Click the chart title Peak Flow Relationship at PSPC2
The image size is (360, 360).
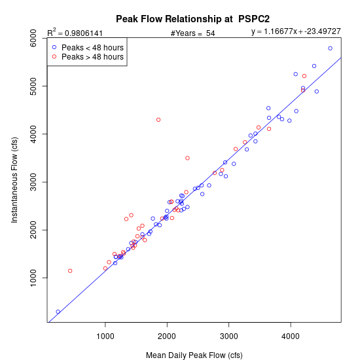pyautogui.click(x=192, y=19)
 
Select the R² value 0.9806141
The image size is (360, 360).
pyautogui.click(x=84, y=33)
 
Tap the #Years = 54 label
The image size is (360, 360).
pyautogui.click(x=192, y=33)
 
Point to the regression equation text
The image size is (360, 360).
pyautogui.click(x=296, y=31)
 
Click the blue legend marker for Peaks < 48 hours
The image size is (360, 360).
pyautogui.click(x=54, y=47)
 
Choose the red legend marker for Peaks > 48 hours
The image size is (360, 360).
pyautogui.click(x=54, y=56)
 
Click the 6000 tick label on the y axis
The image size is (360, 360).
pyautogui.click(x=33, y=38)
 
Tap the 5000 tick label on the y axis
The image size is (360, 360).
pyautogui.click(x=33, y=86)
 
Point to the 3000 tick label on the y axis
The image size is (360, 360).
pyautogui.click(x=33, y=182)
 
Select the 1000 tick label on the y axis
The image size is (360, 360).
pyautogui.click(x=33, y=278)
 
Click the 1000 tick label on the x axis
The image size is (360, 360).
pyautogui.click(x=105, y=336)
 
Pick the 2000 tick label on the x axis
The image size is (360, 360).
pyautogui.click(x=167, y=336)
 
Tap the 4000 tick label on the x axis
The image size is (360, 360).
pyautogui.click(x=291, y=336)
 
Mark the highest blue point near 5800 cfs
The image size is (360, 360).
pyautogui.click(x=330, y=48)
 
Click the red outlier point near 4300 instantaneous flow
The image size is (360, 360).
pyautogui.click(x=158, y=120)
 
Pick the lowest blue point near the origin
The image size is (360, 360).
pyautogui.click(x=58, y=312)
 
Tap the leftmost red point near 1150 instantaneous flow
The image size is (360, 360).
pyautogui.click(x=70, y=271)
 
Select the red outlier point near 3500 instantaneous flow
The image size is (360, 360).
pyautogui.click(x=187, y=158)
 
